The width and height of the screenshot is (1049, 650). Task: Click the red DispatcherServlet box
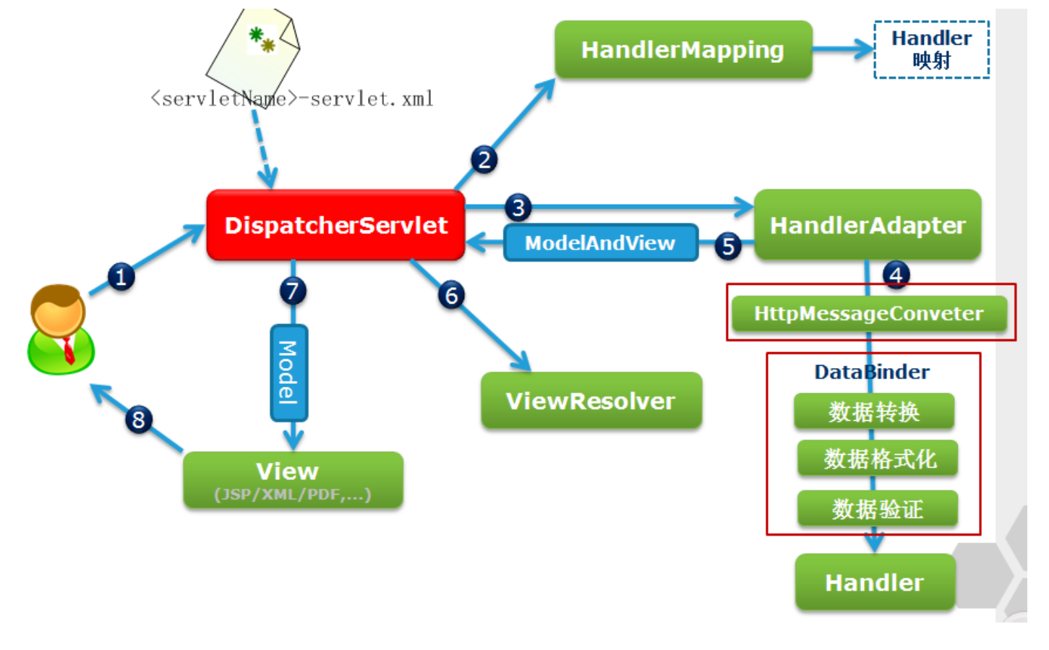335,225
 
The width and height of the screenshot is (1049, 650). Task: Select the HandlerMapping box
683,50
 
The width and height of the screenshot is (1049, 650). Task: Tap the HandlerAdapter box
868,225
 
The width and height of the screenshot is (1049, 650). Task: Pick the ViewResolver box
591,401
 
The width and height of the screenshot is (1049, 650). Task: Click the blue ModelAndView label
600,243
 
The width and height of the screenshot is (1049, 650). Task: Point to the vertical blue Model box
288,372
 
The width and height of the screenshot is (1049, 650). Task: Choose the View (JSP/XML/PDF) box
293,480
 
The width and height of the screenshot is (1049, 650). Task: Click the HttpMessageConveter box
868,314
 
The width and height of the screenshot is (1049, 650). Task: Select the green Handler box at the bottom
875,582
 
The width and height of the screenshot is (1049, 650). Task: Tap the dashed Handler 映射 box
931,50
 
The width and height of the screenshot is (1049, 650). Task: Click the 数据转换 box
873,411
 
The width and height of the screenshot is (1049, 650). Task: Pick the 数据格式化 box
878,458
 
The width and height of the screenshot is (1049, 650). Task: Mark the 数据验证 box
878,509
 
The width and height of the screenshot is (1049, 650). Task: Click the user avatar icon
61,330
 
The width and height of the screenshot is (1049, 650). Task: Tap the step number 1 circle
121,276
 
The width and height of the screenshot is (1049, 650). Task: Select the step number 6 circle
452,295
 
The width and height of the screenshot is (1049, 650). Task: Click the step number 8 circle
138,419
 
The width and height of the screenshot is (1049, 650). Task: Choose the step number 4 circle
896,275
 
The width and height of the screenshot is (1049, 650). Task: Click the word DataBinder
872,372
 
